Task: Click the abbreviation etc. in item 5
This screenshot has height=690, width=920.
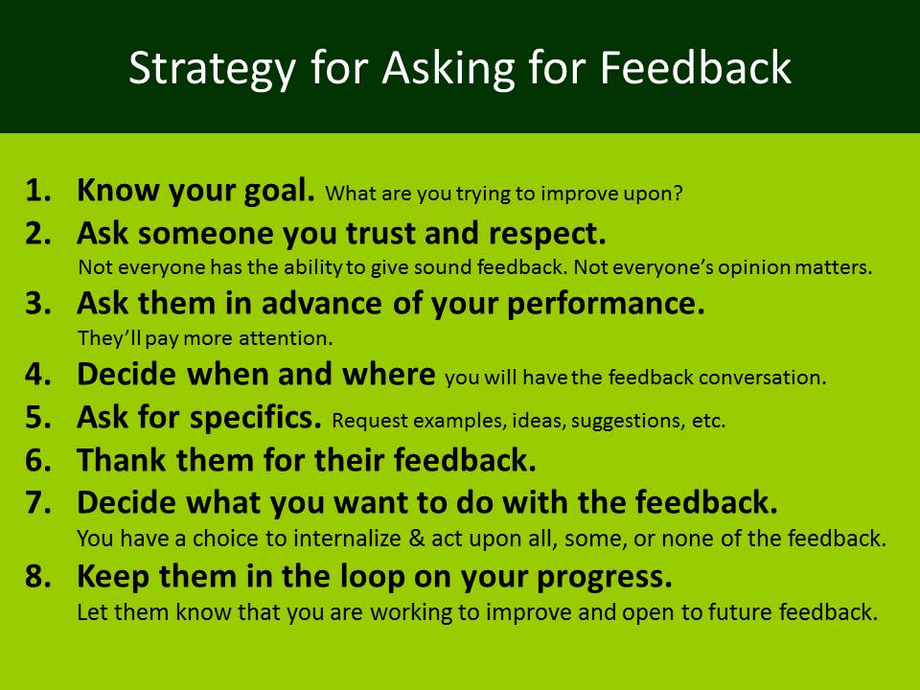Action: point(708,420)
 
